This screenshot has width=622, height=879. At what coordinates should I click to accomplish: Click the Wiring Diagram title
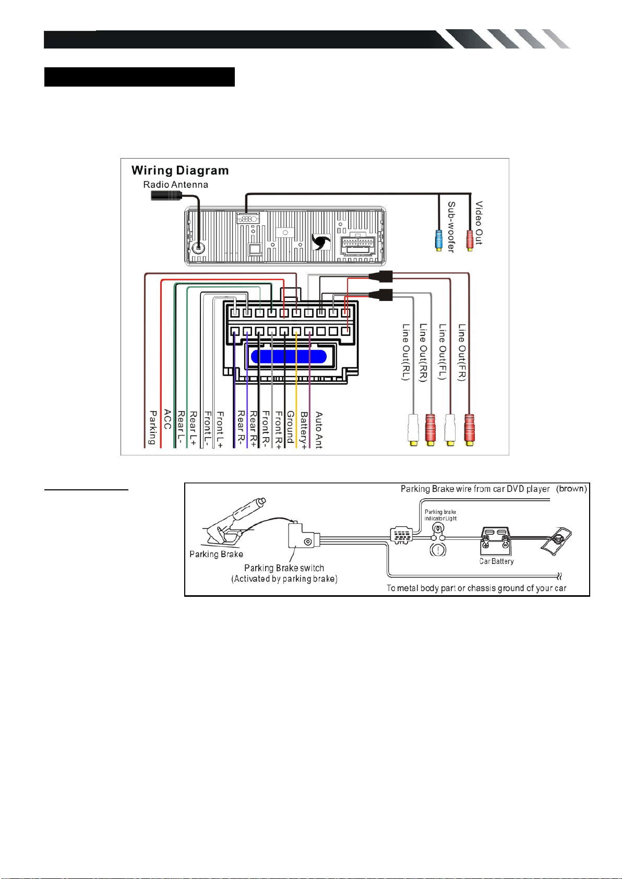click(180, 171)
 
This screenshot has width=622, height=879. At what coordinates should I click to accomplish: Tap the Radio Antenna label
click(175, 185)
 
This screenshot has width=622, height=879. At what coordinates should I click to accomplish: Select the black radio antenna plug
click(166, 195)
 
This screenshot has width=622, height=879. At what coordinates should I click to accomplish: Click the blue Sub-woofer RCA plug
click(439, 240)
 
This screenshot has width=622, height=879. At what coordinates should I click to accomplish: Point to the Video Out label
click(479, 223)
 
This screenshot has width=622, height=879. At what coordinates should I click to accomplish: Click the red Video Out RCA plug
click(470, 240)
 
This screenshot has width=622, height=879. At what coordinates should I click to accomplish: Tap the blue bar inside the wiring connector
click(289, 357)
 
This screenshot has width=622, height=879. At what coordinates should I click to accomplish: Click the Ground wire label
click(291, 427)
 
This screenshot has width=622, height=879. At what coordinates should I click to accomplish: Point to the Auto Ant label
click(319, 430)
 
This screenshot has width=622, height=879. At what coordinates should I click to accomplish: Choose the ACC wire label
click(168, 419)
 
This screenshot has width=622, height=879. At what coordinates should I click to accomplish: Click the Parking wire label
click(153, 427)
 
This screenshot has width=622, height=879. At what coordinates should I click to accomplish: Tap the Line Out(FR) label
click(462, 352)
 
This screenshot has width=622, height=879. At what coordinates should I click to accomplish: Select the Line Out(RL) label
click(406, 352)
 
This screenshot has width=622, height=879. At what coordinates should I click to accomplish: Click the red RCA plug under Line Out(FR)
click(469, 430)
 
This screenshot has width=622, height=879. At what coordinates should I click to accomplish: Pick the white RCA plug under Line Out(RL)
click(413, 430)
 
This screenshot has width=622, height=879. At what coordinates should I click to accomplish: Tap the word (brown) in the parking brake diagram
click(571, 489)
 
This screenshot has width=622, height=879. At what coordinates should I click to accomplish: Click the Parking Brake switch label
click(284, 568)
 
